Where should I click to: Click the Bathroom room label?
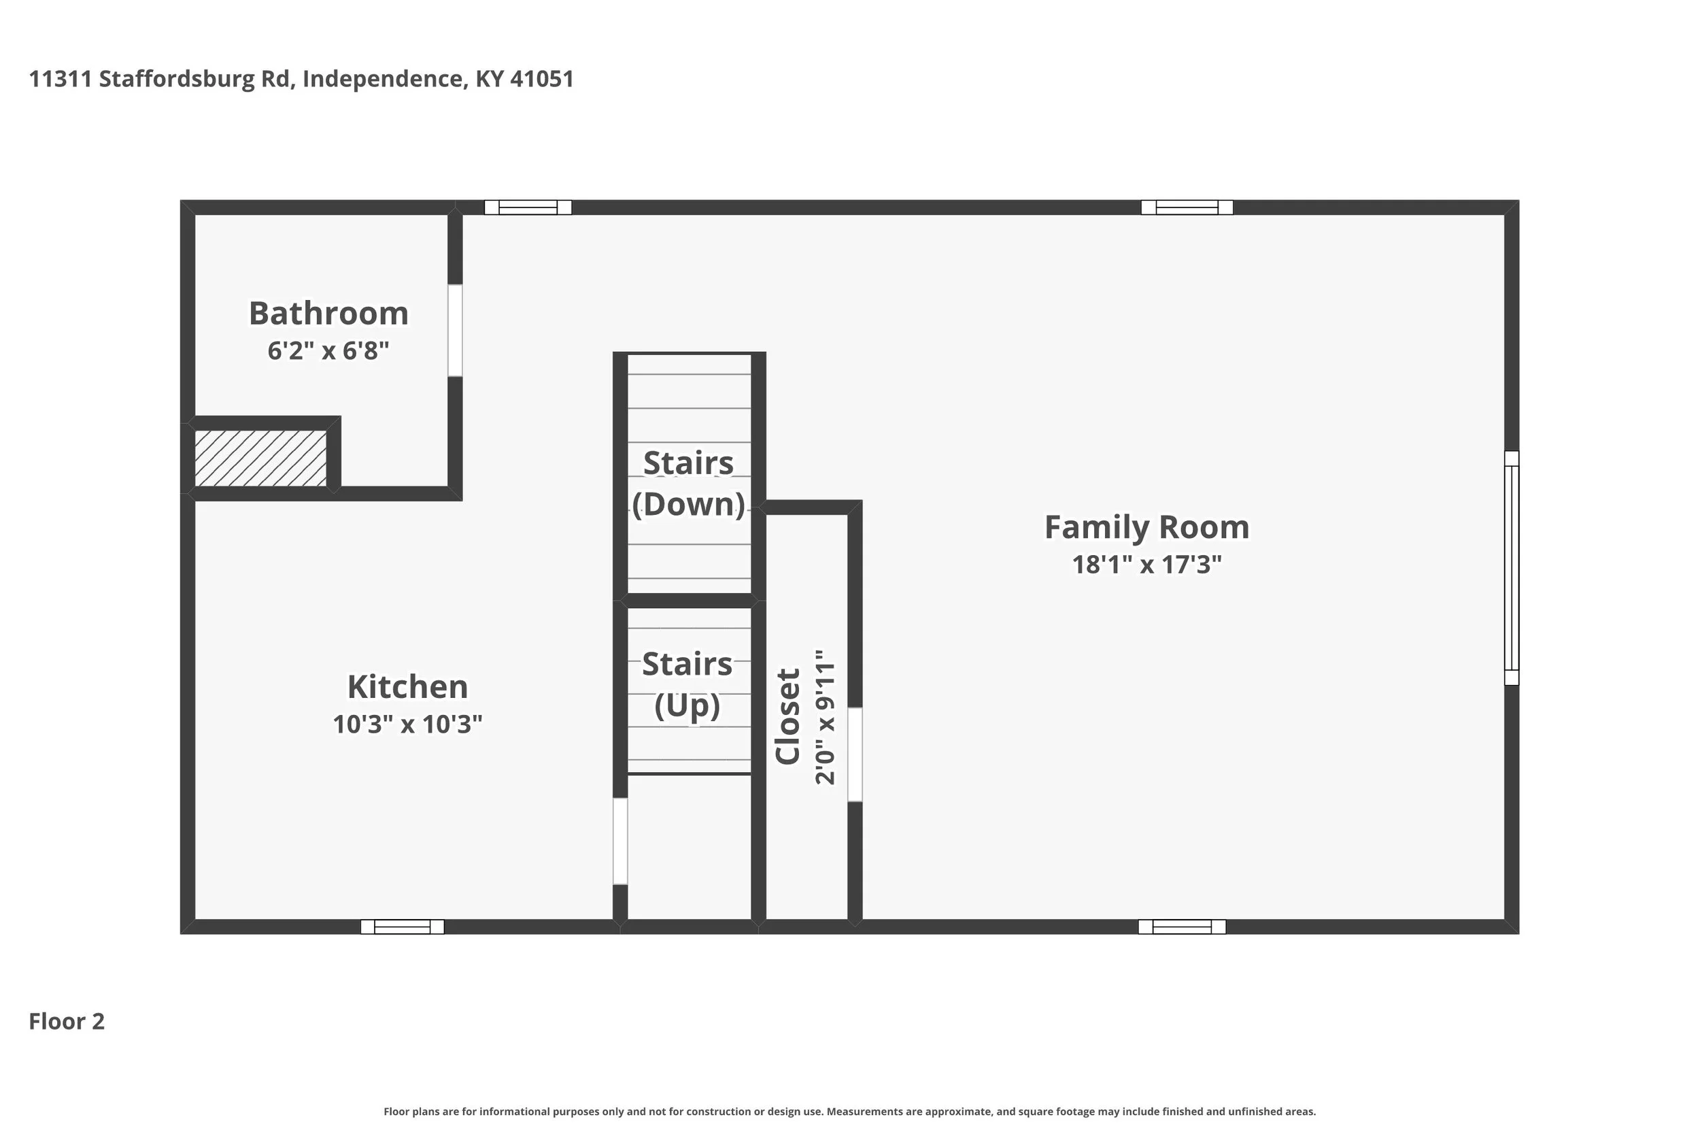[329, 313]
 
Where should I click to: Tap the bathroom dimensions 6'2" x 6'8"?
[328, 351]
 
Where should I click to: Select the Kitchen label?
[407, 686]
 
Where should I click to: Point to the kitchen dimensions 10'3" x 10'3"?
[407, 724]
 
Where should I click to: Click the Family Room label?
[1147, 527]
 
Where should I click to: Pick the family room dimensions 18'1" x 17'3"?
[1147, 564]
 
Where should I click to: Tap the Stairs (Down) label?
[688, 483]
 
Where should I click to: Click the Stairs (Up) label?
[687, 684]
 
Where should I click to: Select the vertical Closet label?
[788, 716]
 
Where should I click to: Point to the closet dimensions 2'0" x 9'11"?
[825, 717]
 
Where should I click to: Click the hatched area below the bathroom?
[261, 458]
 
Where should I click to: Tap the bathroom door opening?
[455, 331]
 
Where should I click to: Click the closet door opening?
[854, 754]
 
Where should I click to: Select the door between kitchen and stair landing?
[620, 841]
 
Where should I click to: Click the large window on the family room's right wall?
[1512, 568]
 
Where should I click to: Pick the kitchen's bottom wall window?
[403, 927]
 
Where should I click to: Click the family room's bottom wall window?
[1182, 927]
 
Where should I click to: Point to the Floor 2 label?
[67, 1021]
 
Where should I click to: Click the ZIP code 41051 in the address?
[542, 79]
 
